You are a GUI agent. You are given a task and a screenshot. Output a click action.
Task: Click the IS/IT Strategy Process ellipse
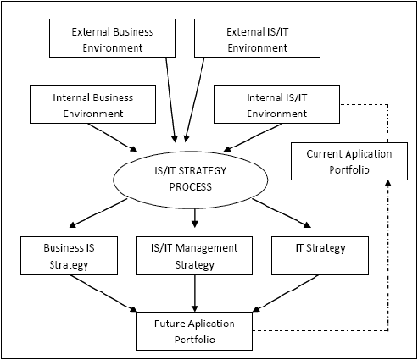point(190,151)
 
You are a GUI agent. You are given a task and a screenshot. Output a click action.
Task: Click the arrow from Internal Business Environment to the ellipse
point(112,137)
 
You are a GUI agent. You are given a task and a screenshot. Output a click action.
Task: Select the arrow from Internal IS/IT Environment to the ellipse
point(253,137)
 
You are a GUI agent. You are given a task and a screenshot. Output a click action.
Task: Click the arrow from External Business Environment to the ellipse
point(170,100)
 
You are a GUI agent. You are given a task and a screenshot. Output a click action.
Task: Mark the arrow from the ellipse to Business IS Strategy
point(98,213)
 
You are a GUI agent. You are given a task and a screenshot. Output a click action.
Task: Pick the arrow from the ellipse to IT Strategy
point(281,213)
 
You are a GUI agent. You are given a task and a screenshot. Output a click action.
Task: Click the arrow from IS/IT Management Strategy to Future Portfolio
point(195,294)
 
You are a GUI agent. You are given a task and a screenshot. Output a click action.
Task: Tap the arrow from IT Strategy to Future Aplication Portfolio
point(286,294)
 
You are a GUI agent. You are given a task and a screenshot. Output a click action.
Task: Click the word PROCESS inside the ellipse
point(191,187)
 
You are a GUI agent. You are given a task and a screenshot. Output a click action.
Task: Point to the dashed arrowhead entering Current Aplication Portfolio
point(388,184)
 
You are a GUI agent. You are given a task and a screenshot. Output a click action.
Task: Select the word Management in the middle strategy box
point(207,248)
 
